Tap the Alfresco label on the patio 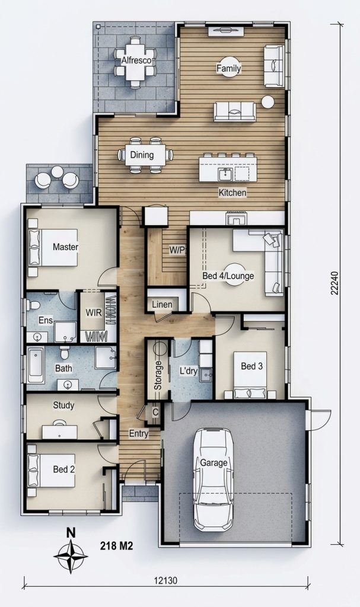136,60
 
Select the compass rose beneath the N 71,557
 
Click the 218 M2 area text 117,546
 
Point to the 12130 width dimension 165,581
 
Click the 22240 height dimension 334,283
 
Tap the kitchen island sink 225,175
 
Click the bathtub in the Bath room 36,365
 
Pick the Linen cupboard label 162,304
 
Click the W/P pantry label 177,250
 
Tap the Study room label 63,405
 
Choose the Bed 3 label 251,366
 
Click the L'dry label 189,371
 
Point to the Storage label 158,375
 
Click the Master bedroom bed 53,247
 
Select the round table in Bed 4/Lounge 235,274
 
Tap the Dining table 145,155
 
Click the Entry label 139,433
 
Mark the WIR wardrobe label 93,313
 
